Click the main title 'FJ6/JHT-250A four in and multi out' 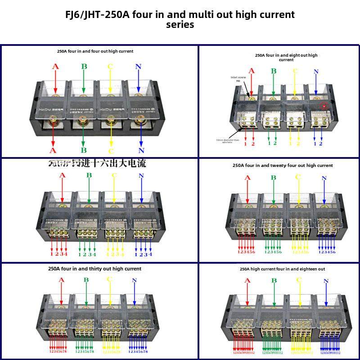point(180,14)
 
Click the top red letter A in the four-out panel point(55,67)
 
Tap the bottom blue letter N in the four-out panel point(141,150)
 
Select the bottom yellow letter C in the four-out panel point(111,151)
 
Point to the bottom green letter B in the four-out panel point(84,150)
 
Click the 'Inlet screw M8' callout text point(238,79)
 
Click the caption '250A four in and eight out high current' point(286,57)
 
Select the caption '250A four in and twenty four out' point(283,166)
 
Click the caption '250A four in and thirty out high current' point(94,269)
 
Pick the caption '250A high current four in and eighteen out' point(282,269)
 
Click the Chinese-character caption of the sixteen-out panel point(97,163)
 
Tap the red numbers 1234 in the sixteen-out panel point(59,254)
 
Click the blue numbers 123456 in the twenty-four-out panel point(327,252)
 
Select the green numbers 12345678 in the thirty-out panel point(85,352)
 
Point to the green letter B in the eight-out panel point(273,71)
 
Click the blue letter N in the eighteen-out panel point(326,282)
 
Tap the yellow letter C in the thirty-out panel point(109,279)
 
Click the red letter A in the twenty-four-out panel point(247,178)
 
